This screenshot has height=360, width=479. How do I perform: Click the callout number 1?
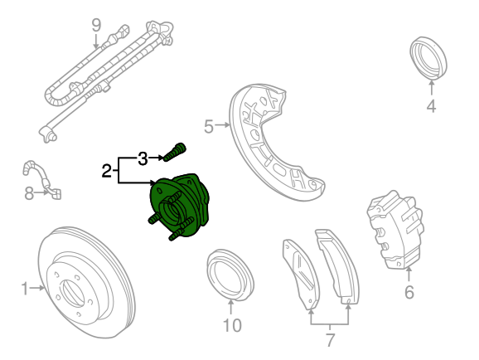click(x=25, y=289)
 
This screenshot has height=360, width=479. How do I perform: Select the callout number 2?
click(x=106, y=171)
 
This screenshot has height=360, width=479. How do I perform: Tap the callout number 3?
click(x=143, y=158)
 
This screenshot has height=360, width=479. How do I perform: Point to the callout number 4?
click(x=431, y=106)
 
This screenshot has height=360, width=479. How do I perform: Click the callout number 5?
click(x=209, y=127)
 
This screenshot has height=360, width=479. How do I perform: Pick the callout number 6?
click(x=409, y=292)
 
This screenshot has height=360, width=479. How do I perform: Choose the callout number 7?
click(x=330, y=340)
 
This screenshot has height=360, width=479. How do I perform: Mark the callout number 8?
click(x=29, y=193)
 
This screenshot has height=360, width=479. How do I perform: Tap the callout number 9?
click(x=96, y=26)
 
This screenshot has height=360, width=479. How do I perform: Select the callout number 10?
click(x=232, y=325)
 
